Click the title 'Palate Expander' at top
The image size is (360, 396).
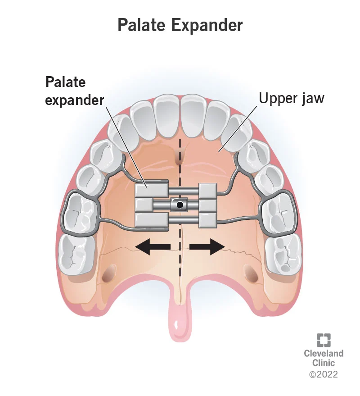click(x=180, y=25)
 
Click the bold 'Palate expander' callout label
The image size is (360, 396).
click(x=74, y=91)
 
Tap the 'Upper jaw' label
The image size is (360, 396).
click(x=291, y=98)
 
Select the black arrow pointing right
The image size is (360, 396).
click(x=207, y=247)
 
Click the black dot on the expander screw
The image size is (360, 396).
click(x=180, y=205)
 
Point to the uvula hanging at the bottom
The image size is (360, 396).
click(x=180, y=324)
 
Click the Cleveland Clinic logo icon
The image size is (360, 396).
click(x=323, y=341)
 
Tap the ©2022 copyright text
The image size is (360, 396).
click(x=323, y=373)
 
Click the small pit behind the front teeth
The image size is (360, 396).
click(x=180, y=157)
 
